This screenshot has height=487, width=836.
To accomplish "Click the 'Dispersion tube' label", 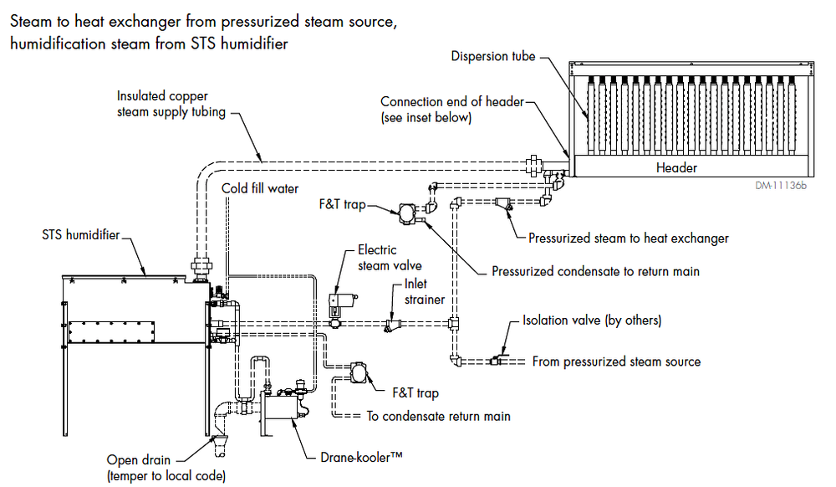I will point(492,57).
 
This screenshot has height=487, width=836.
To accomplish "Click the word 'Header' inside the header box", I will point(676,167).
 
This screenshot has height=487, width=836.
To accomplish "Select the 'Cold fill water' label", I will point(260,188).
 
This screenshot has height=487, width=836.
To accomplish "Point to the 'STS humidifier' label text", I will point(80,234).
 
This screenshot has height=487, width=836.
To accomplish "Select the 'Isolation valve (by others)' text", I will point(591,320).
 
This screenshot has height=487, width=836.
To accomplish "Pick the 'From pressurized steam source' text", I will point(615,361).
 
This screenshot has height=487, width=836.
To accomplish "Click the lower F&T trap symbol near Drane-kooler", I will point(359,372).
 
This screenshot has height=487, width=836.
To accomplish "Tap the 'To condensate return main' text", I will point(439,416).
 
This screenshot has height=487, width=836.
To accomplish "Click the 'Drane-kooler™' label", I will point(362,458).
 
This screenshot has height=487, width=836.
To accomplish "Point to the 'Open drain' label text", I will point(139,460).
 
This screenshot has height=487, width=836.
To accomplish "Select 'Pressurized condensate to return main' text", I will point(595,271).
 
